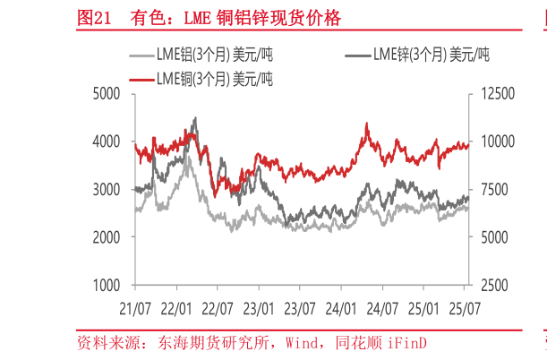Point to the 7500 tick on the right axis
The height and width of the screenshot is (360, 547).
click(491, 190)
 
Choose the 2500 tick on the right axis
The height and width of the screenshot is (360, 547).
click(491, 286)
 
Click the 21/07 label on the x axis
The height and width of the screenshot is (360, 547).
click(134, 309)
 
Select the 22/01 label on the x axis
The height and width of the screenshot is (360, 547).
click(175, 309)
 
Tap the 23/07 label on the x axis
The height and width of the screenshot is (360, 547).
click(300, 309)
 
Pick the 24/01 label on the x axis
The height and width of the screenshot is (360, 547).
click(341, 309)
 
